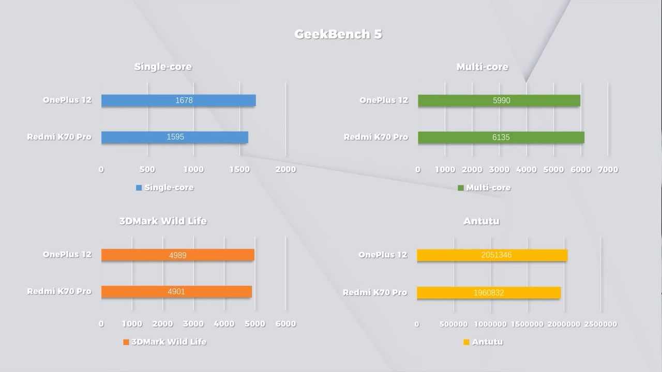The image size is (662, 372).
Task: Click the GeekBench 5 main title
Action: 338,35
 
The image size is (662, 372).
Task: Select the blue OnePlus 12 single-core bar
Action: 178,100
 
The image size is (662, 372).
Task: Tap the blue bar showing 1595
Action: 175,137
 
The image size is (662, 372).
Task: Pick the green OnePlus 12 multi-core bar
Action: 499,100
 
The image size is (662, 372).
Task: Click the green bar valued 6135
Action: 501,137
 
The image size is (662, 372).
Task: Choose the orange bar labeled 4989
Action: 178,255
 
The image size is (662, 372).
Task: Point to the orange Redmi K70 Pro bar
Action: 176,291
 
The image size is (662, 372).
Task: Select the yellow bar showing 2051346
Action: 492,255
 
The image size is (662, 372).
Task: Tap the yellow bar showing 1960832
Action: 489,292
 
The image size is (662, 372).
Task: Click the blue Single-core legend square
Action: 139,188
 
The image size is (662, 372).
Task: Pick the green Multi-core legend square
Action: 461,188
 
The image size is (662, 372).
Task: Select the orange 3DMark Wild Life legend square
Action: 126,342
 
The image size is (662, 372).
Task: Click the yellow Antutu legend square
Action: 467,342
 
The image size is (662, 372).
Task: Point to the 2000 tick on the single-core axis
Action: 286,169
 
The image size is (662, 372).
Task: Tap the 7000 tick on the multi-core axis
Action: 608,169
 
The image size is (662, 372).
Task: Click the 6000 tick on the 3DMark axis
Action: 286,324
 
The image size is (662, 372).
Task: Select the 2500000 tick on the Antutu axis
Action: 601,324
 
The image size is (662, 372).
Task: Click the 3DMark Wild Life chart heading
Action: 163,221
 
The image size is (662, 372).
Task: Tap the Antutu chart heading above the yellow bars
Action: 482,222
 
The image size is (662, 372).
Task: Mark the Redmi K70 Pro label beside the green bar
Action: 376,137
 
